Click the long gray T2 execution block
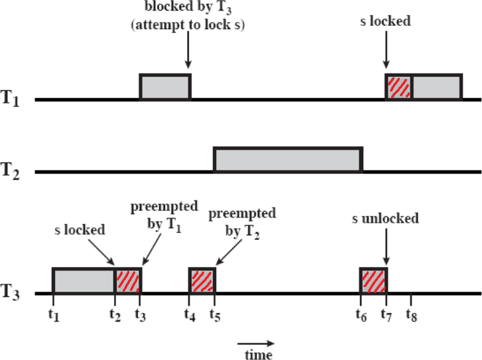click(288, 160)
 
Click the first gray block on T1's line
click(165, 87)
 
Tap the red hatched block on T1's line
click(399, 88)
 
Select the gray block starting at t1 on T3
click(84, 281)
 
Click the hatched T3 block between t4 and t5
click(202, 281)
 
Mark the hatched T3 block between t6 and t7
click(373, 281)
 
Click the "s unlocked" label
click(387, 219)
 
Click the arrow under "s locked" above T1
click(387, 50)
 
